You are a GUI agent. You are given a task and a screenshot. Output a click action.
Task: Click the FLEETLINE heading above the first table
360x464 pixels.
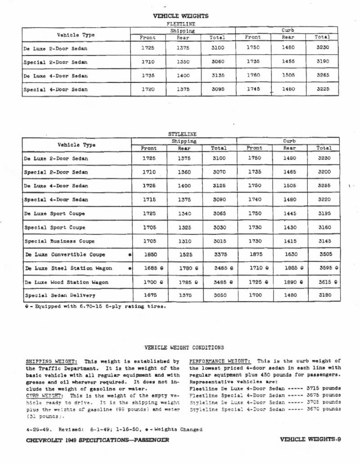pos(180,23)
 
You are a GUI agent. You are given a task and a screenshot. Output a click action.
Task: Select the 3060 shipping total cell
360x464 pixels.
pos(218,62)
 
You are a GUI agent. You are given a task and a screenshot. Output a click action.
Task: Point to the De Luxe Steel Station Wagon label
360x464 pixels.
pos(67,269)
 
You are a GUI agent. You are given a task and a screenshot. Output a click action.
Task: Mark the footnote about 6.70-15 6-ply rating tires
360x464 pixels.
pos(98,307)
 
